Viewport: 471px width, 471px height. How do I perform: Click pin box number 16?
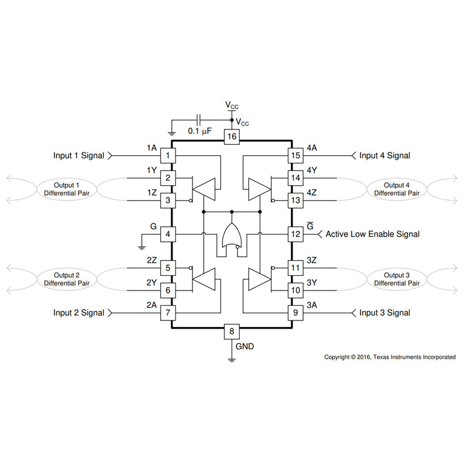coord(231,136)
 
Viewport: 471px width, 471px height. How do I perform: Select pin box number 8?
coord(231,331)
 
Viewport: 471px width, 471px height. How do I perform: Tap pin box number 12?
coord(295,234)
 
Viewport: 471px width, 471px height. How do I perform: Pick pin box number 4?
coord(168,234)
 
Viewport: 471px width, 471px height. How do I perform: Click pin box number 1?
coord(168,156)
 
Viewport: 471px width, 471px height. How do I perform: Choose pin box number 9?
coord(295,313)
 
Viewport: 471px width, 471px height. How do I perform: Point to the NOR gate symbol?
coord(231,237)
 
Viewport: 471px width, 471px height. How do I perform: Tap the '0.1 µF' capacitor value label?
coord(200,131)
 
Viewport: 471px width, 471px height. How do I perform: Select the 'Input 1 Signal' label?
coord(78,156)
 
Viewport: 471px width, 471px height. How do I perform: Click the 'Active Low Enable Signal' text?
coord(373,234)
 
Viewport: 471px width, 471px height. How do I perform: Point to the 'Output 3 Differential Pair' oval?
coord(397,279)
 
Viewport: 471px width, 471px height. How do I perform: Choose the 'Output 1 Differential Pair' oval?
coord(67,189)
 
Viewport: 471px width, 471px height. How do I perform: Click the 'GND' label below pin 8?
coord(245,346)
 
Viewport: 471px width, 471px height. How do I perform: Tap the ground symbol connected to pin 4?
coord(142,245)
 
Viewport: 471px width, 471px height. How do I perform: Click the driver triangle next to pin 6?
coord(205,279)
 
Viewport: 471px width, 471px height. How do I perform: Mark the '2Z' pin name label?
coord(151,259)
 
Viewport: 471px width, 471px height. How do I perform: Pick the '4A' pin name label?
coord(311,148)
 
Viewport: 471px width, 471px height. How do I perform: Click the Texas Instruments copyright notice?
coord(390,357)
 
